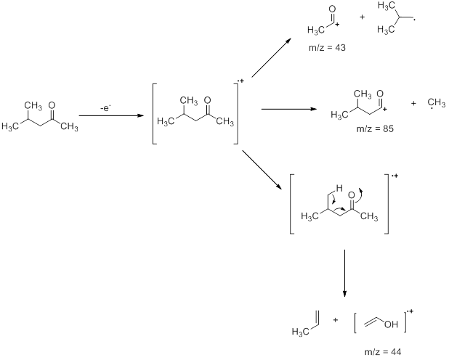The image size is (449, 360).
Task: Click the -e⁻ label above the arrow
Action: tap(106, 108)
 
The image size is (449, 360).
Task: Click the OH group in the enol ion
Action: tap(391, 324)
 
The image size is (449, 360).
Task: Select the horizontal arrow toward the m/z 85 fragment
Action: tap(289, 110)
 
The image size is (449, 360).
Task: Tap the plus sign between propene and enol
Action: tap(335, 320)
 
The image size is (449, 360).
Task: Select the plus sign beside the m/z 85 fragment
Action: tap(413, 103)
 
